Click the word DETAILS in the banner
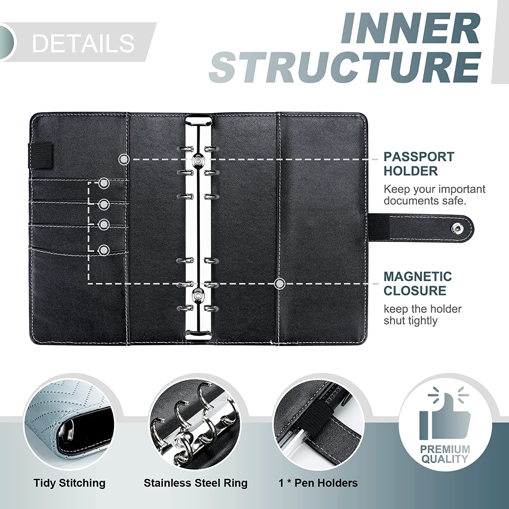[x=83, y=43]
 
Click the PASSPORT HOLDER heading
[x=419, y=164]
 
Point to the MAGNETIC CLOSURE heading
[x=418, y=284]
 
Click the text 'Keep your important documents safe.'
[x=434, y=195]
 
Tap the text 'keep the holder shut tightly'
[x=422, y=315]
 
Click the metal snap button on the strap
[x=458, y=229]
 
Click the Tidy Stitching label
[x=70, y=483]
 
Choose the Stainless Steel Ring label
[x=195, y=483]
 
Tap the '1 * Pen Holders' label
[x=318, y=483]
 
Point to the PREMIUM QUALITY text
[x=445, y=454]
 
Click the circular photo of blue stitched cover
[x=69, y=420]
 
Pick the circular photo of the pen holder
[x=319, y=420]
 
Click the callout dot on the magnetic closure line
[x=280, y=283]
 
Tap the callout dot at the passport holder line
[x=124, y=159]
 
